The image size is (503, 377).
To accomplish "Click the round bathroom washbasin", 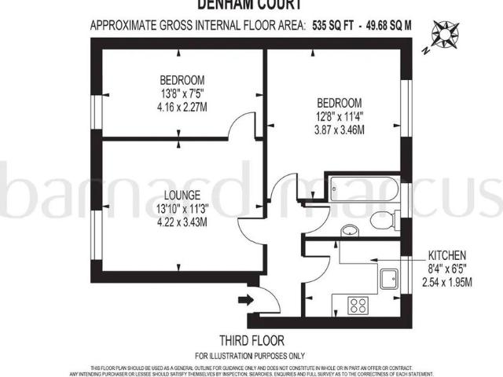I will point(351,230).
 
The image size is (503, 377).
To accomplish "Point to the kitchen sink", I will point(387,278).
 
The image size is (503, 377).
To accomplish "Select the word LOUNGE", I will point(183,194).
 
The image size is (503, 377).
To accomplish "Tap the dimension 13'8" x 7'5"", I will point(182,93).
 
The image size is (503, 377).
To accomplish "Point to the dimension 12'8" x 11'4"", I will point(339,117).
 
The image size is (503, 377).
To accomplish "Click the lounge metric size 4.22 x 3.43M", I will point(183,221).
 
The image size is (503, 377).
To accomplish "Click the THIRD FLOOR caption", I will point(252,340).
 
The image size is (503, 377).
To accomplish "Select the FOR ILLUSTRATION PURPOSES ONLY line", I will point(252,355).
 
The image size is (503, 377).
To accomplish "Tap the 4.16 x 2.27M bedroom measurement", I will point(182,107).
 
